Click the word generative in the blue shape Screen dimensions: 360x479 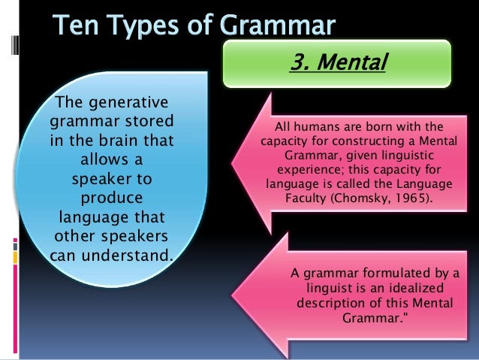133,102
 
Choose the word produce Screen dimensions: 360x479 110,199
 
